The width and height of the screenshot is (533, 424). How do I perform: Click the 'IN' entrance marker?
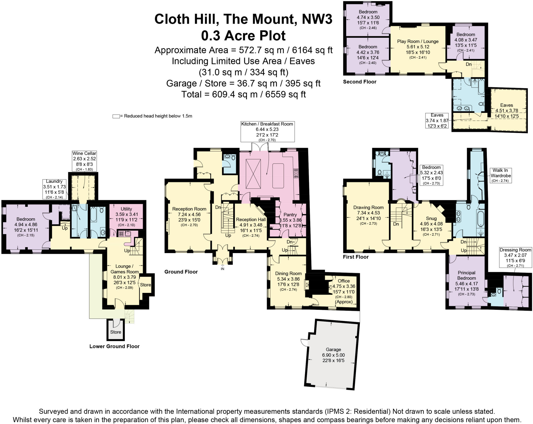click(223, 269)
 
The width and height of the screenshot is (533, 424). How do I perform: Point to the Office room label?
click(344, 281)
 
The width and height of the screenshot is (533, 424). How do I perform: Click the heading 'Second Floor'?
click(359, 82)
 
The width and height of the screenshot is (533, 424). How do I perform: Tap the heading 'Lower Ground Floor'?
click(114, 346)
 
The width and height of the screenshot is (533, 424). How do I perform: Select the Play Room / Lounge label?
click(418, 41)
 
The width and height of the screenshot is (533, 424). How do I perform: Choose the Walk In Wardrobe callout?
click(501, 175)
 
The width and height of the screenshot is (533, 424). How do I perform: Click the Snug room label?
click(431, 218)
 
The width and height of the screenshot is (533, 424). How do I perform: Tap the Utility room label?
click(126, 209)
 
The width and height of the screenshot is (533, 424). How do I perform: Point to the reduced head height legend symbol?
click(116, 116)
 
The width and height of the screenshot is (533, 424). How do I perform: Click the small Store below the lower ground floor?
click(116, 332)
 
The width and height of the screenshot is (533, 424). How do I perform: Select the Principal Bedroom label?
click(466, 275)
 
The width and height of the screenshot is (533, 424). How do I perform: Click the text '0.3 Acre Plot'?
click(243, 36)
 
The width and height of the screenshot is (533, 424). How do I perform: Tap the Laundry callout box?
click(54, 189)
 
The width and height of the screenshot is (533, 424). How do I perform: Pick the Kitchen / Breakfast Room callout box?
click(267, 132)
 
